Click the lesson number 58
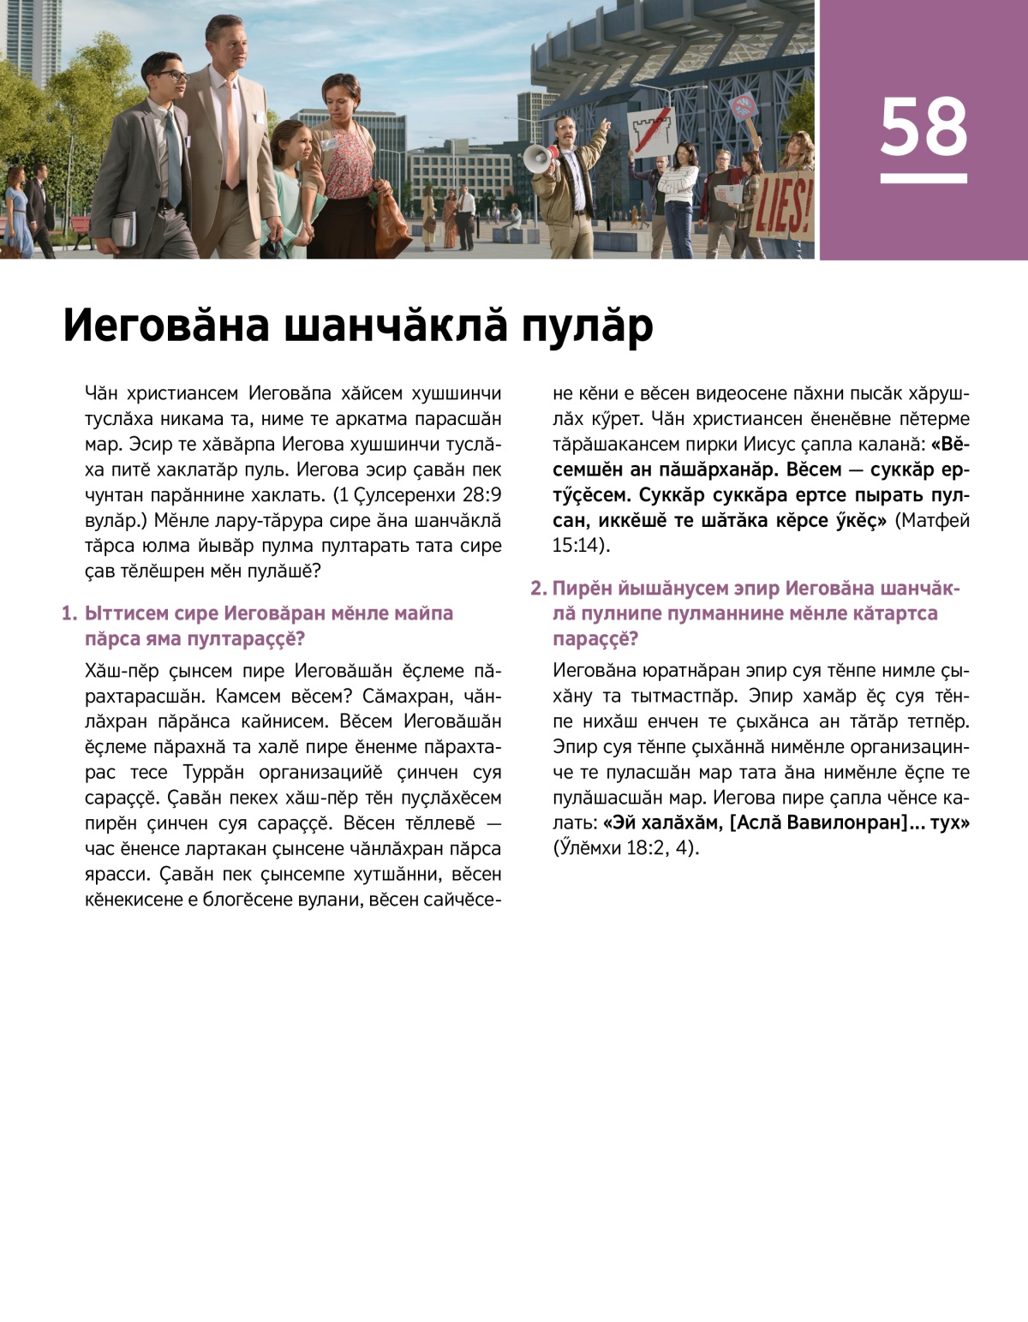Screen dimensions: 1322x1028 tap(923, 127)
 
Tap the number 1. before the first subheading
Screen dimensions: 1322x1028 tap(69, 613)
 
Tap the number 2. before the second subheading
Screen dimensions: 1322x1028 tap(538, 589)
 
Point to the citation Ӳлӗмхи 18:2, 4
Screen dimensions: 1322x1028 tap(625, 848)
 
